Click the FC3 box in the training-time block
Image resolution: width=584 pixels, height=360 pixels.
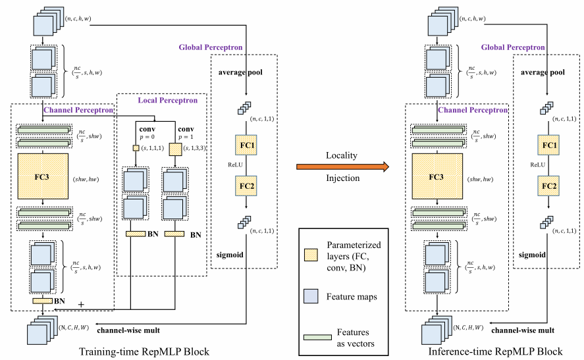point(43,178)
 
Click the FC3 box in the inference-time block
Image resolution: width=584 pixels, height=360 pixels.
point(435,178)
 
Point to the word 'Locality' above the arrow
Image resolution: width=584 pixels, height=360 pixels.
point(340,155)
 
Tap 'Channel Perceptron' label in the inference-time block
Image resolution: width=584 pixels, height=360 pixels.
point(473,111)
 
